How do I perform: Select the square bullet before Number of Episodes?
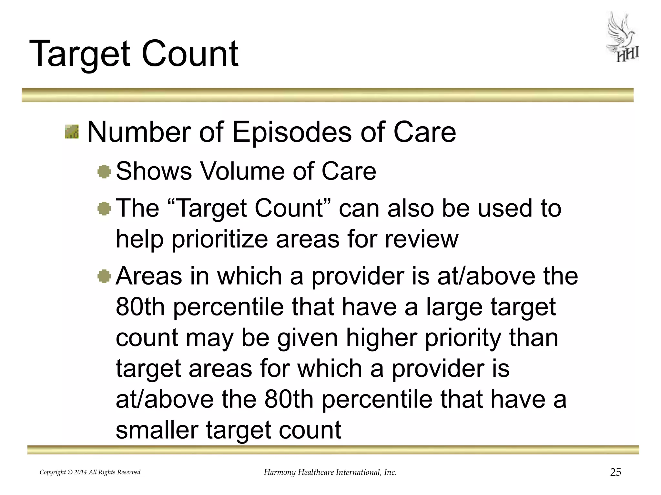click(71, 132)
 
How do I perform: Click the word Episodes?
click(291, 132)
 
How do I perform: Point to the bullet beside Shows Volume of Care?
click(104, 171)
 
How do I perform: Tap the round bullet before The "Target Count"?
click(104, 209)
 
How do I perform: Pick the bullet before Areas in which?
click(104, 277)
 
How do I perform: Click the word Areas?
click(148, 276)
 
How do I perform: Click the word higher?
click(381, 338)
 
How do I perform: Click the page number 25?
click(615, 472)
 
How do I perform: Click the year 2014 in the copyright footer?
click(80, 472)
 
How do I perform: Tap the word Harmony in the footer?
click(280, 472)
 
